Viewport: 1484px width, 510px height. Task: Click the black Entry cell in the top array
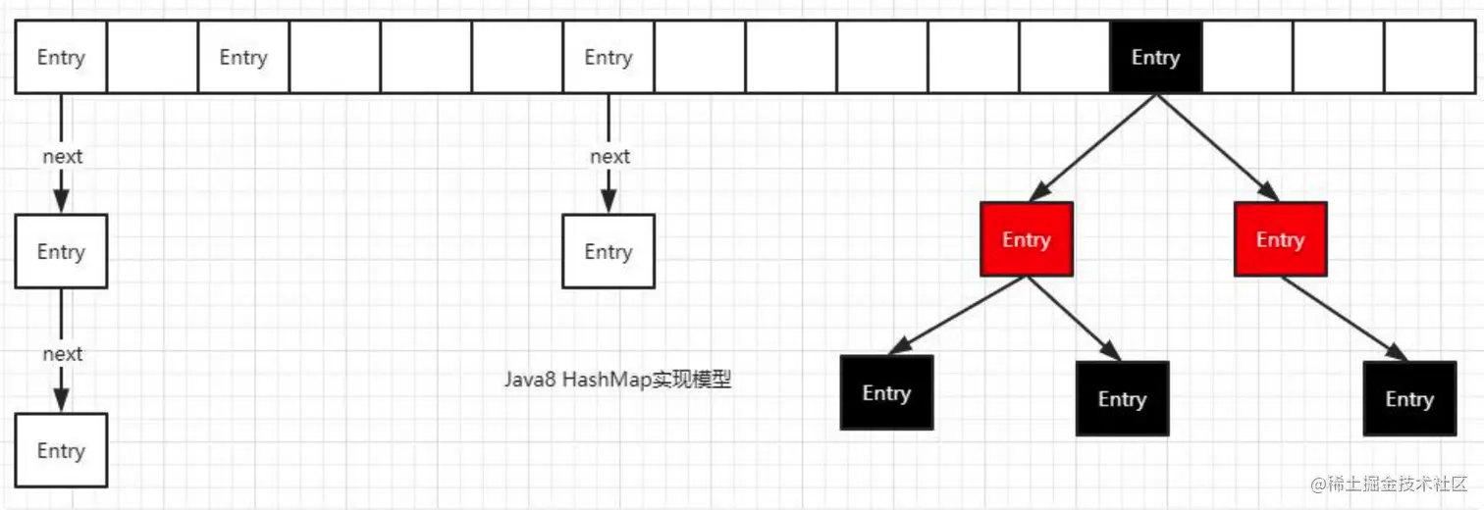click(1155, 58)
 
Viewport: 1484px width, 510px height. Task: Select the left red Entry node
click(1026, 239)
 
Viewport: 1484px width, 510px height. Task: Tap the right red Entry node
click(1280, 239)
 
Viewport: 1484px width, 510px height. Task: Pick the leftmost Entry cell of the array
click(61, 58)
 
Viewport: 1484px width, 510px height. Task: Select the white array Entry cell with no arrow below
click(243, 58)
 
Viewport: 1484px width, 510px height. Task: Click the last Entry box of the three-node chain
click(61, 450)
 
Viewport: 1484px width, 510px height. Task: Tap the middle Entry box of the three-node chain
click(61, 252)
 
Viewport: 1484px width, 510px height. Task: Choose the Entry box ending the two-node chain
click(608, 252)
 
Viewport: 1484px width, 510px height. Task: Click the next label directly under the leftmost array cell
click(62, 157)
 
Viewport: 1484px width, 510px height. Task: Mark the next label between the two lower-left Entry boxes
click(62, 354)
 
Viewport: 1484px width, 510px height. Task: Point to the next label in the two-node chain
click(609, 157)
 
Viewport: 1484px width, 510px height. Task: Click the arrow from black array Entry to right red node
click(1217, 147)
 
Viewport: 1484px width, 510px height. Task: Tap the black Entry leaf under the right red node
click(1409, 399)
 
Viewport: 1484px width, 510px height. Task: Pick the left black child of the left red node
click(886, 392)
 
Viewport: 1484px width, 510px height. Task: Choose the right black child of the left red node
click(1122, 399)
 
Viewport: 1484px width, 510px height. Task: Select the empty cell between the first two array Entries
click(152, 58)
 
